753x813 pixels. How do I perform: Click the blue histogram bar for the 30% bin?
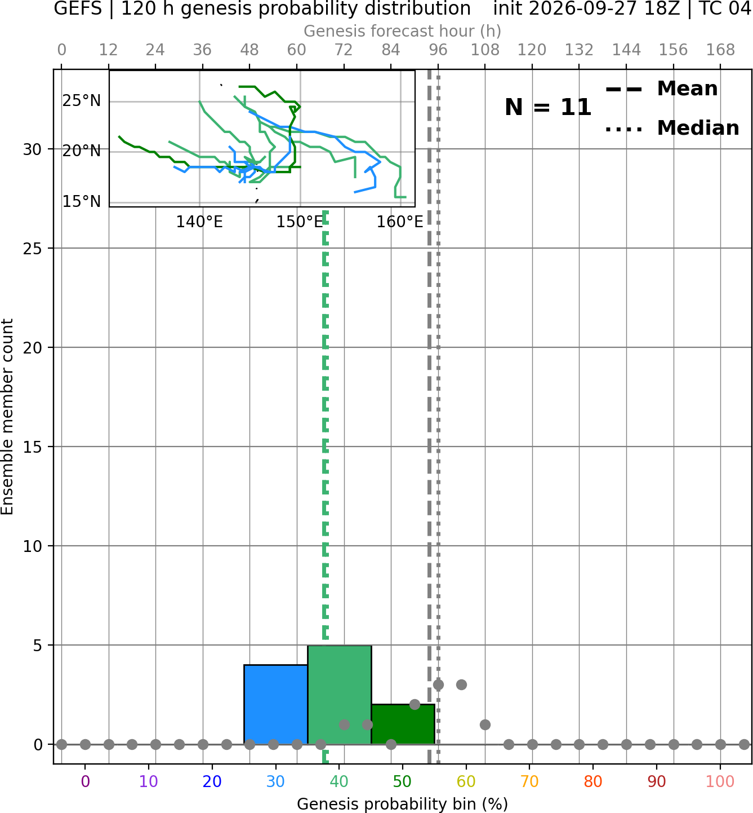click(275, 705)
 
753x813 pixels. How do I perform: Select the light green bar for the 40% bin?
click(340, 695)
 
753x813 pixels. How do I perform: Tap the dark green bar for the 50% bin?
click(403, 724)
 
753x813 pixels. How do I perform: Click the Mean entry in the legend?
click(661, 89)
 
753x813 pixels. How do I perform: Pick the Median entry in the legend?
click(672, 128)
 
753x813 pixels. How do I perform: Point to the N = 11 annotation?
click(548, 107)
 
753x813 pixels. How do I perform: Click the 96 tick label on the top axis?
click(438, 50)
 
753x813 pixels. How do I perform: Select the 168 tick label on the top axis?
click(720, 50)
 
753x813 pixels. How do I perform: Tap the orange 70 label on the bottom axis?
click(529, 781)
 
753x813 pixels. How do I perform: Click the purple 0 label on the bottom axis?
click(85, 781)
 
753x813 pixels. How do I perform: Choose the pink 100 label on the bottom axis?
click(720, 781)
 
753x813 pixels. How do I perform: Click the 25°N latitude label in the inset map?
click(82, 101)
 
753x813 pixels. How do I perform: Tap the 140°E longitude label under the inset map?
click(199, 222)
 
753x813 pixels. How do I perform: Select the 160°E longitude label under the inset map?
click(400, 222)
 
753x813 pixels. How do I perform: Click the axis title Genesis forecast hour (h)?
click(403, 31)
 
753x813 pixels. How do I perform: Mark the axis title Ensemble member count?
click(7, 417)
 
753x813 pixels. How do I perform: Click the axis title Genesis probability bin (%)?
click(403, 804)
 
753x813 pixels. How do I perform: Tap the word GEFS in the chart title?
click(78, 8)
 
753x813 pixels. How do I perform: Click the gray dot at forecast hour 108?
click(485, 724)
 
